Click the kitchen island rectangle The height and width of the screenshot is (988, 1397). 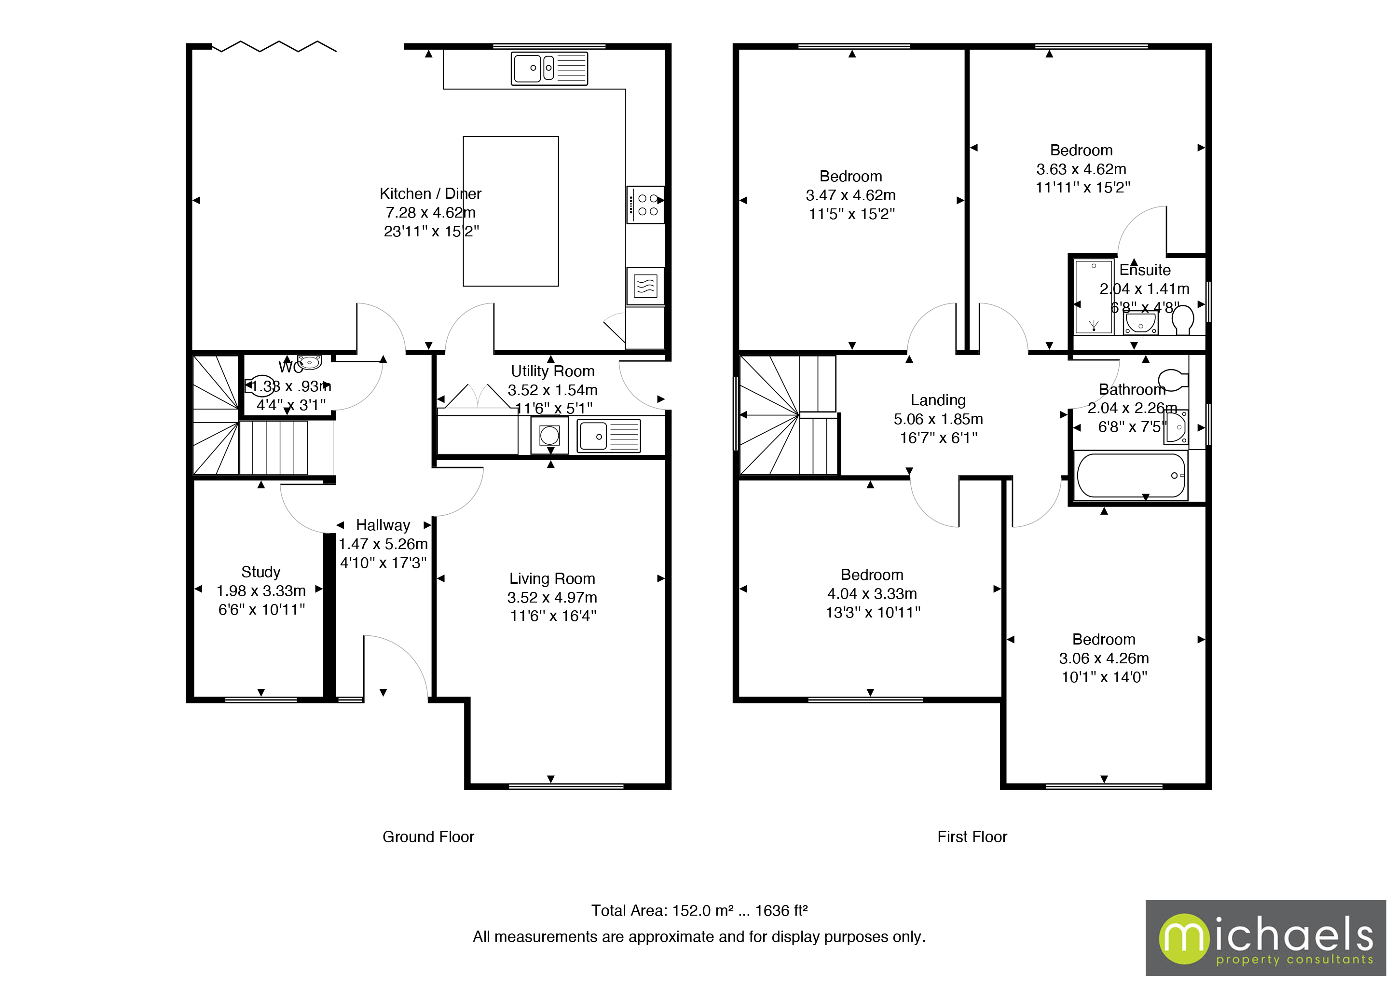(510, 211)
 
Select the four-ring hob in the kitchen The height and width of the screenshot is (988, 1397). (645, 205)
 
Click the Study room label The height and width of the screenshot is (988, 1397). (260, 572)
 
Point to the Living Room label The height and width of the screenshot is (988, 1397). (552, 578)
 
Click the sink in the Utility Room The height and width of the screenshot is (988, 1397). (608, 436)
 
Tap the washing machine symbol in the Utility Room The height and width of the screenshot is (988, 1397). (549, 436)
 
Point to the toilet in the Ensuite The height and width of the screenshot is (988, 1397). (1182, 319)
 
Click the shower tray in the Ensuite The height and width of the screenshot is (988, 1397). (1094, 297)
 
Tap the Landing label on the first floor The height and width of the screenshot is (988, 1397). (938, 400)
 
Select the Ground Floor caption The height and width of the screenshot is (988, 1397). (428, 837)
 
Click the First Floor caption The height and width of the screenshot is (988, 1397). (972, 837)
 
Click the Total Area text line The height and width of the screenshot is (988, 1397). (698, 910)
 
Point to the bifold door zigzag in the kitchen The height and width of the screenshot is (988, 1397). (274, 47)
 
